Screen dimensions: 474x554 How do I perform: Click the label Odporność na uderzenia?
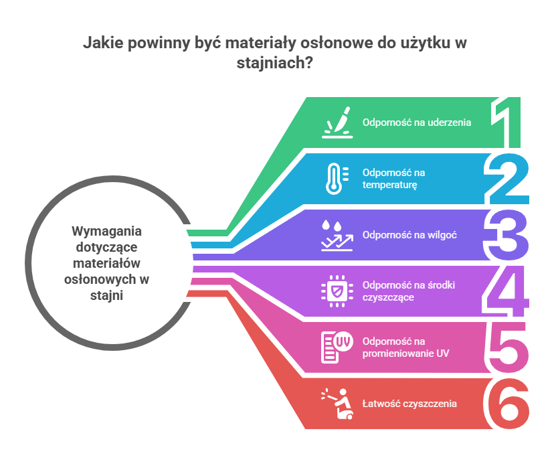tap(417, 123)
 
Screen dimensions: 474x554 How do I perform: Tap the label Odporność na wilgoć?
tap(409, 235)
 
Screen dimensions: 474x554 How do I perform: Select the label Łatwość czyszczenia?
tap(409, 404)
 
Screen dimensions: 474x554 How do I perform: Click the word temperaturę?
tap(390, 185)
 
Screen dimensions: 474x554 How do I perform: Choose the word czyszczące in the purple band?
tap(388, 297)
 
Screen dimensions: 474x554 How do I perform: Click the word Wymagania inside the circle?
tap(98, 230)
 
